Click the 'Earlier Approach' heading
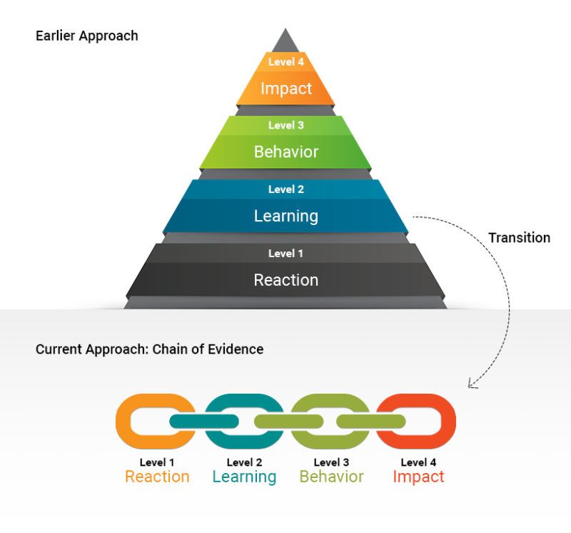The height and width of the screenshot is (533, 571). coord(86,36)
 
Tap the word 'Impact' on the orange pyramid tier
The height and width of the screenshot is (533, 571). coord(285,89)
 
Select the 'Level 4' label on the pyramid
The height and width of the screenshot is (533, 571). coord(285,62)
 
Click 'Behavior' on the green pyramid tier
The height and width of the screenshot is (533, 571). coord(285,151)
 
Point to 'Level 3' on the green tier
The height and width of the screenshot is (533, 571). coord(285,126)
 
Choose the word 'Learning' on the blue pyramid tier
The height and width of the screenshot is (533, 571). coord(285,215)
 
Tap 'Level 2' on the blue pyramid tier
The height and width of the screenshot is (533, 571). coord(285,189)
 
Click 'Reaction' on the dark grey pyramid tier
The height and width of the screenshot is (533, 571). coord(285,279)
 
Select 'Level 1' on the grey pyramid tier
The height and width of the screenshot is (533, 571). coord(285,253)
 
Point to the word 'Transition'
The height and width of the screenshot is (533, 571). coord(519,238)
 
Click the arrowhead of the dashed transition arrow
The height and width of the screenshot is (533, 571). coord(471,384)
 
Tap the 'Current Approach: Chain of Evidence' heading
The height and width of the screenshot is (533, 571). coord(149,349)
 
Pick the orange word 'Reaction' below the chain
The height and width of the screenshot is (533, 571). coord(157,477)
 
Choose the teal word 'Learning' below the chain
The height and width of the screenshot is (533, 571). coord(244,477)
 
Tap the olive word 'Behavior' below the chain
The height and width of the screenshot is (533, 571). coord(331,477)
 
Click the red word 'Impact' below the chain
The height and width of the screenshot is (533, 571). coord(418,477)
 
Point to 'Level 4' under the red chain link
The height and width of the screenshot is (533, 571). coord(418,462)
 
